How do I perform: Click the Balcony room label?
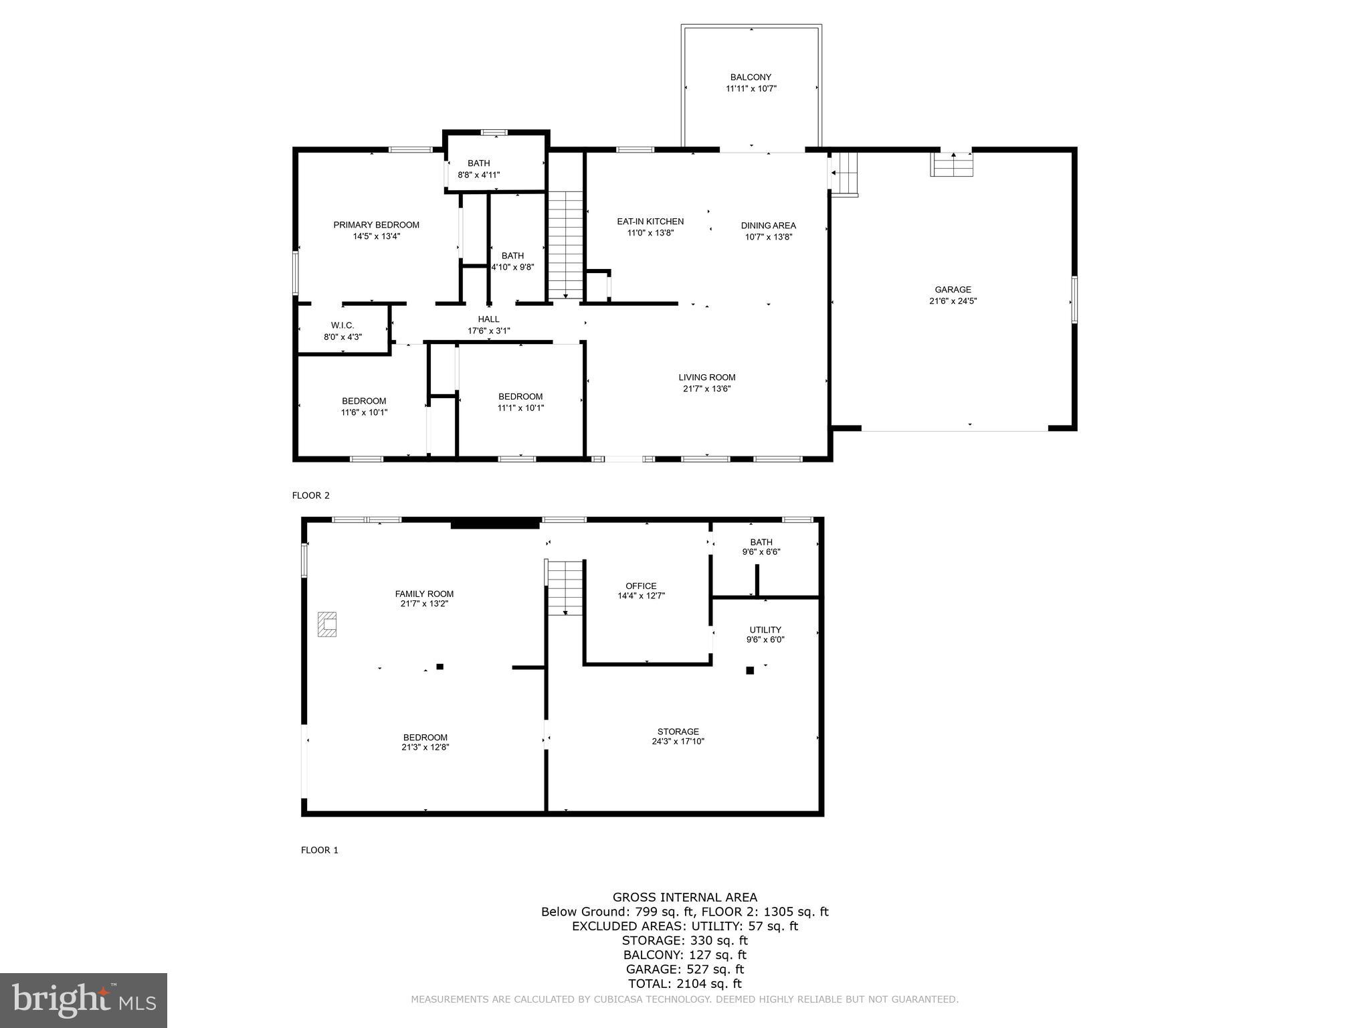[x=751, y=77]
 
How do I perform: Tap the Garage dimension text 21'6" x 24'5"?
[x=953, y=301]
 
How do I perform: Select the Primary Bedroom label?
[x=376, y=225]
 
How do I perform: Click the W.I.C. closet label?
[x=342, y=325]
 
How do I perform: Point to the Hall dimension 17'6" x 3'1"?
[x=488, y=331]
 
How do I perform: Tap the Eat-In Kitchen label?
[x=650, y=222]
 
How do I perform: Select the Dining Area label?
[x=768, y=226]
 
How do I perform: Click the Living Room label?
[x=706, y=377]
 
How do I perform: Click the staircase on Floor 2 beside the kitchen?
[x=566, y=244]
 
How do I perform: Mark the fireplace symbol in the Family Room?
[x=327, y=624]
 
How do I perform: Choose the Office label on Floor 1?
[x=641, y=586]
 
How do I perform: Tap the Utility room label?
[x=765, y=630]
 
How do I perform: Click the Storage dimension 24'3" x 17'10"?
[x=678, y=742]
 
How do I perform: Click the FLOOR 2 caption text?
[x=311, y=496]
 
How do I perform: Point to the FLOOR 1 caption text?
[x=320, y=850]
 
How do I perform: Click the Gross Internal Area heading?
[x=684, y=897]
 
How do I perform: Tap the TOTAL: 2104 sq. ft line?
[x=684, y=983]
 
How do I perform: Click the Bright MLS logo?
[x=84, y=1000]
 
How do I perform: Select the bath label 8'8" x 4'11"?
[x=478, y=175]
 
